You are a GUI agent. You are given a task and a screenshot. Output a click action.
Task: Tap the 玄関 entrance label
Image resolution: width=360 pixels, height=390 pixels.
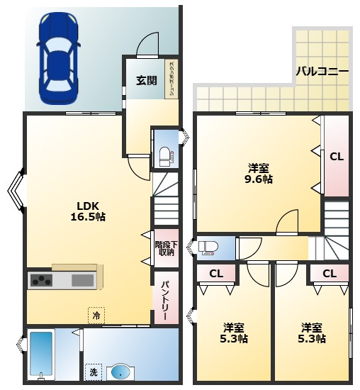click(x=147, y=80)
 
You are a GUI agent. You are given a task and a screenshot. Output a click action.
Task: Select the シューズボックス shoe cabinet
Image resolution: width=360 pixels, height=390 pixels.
click(x=171, y=79)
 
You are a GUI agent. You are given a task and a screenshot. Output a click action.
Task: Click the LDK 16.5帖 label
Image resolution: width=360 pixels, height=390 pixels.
click(x=88, y=211)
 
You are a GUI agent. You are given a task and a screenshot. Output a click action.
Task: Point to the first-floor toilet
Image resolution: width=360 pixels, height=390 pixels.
click(x=165, y=156)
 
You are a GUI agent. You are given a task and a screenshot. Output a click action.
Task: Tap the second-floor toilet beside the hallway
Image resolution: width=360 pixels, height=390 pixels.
click(x=208, y=248)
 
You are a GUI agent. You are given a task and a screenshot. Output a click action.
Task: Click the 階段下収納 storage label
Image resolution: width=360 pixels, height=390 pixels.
click(x=167, y=248)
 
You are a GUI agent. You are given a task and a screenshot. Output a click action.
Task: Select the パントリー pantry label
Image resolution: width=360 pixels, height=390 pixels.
click(x=166, y=301)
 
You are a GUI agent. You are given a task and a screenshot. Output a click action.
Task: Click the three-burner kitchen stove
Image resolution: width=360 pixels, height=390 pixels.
click(x=41, y=280)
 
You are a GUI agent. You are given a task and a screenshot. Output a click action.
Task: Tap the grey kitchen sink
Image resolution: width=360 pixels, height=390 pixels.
click(x=83, y=280)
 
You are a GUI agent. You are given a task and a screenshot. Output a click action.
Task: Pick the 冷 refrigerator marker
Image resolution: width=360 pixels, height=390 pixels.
click(x=96, y=316)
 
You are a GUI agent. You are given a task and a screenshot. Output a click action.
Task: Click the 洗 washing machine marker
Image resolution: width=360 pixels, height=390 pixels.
click(x=94, y=372)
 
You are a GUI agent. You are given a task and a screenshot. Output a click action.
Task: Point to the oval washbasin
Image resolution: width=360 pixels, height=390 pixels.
click(x=120, y=373)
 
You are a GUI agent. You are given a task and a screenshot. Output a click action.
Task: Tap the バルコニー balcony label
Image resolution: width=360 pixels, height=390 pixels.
click(x=322, y=72)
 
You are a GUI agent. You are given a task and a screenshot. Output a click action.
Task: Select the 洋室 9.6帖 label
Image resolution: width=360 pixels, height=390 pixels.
click(x=259, y=174)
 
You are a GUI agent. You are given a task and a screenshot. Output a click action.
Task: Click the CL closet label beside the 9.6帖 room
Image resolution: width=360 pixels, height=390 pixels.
click(x=337, y=157)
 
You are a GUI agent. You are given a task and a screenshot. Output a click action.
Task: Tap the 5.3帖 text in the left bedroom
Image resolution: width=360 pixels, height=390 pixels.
click(x=234, y=338)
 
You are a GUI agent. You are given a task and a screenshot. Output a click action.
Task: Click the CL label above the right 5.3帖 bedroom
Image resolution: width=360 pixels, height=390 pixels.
click(x=330, y=274)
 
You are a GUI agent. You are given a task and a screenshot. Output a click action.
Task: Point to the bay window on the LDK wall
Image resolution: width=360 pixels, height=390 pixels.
click(x=16, y=191)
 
